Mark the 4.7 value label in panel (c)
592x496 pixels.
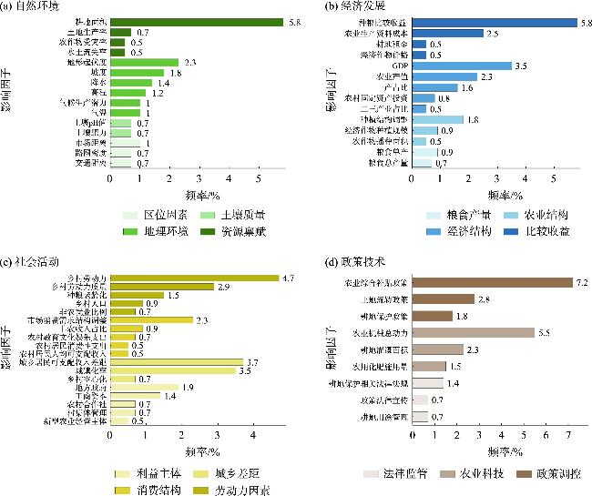pyautogui.click(x=287, y=278)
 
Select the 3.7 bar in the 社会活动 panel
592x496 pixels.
pyautogui.click(x=177, y=362)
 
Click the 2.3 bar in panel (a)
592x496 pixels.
pyautogui.click(x=138, y=62)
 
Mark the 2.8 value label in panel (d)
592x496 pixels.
pyautogui.click(x=484, y=299)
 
